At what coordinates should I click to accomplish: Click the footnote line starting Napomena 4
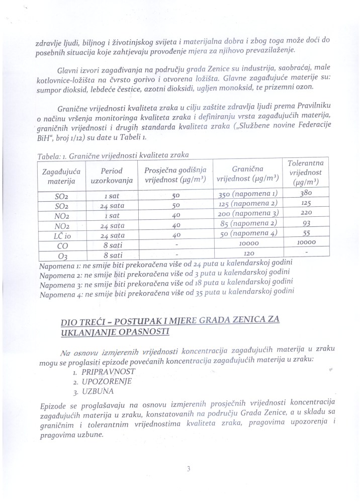pyautogui.click(x=166, y=293)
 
